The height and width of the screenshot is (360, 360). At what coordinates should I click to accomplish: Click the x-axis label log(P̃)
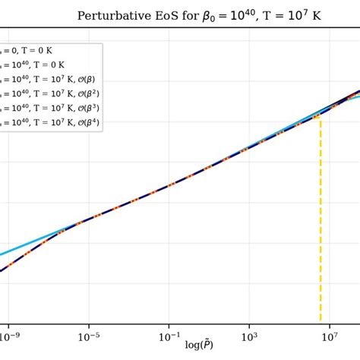pos(199,345)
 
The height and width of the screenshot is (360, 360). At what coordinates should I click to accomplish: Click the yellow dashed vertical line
pos(321,228)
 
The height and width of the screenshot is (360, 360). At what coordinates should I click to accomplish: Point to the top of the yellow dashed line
pos(321,118)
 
